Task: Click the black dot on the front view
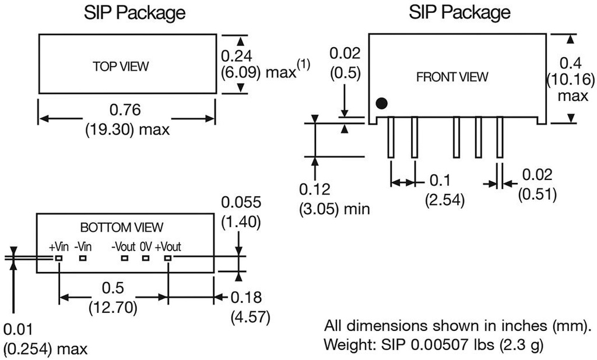tap(381, 104)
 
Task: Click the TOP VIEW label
tap(121, 66)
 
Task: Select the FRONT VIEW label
tap(452, 76)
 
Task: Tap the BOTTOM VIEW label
tap(122, 227)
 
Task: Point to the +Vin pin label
tap(59, 246)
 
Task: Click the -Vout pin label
tap(124, 246)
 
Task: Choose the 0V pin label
tap(146, 246)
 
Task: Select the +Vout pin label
tap(168, 246)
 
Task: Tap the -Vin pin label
tap(83, 246)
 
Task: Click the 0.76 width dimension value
tap(126, 110)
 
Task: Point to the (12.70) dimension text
tap(113, 307)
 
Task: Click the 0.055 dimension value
tap(241, 202)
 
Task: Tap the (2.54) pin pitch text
tap(445, 200)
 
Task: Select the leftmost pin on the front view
tap(391, 137)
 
